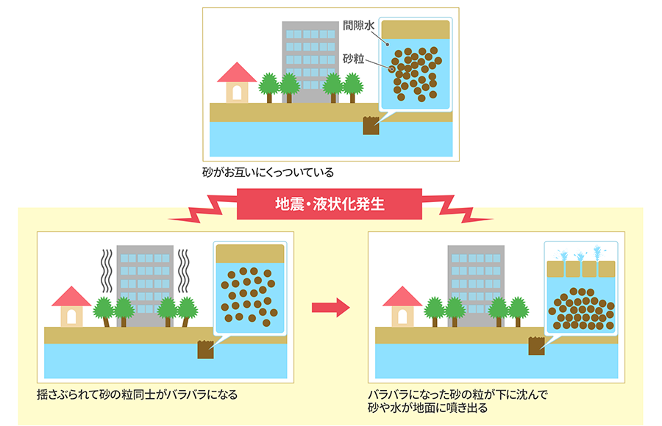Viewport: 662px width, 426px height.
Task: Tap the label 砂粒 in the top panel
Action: (x=354, y=59)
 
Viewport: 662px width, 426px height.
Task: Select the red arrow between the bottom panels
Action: (x=330, y=307)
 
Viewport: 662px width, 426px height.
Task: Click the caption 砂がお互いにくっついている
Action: (x=268, y=173)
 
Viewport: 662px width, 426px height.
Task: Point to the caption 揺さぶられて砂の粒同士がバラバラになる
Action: (x=138, y=394)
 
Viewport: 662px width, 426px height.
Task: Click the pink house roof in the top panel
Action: (x=237, y=72)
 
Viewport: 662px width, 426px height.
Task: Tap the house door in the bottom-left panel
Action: (x=71, y=316)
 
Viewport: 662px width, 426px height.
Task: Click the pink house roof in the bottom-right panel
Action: (x=402, y=296)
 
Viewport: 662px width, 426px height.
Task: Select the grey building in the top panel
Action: (x=309, y=51)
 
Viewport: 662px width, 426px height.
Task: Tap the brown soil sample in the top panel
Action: (x=371, y=126)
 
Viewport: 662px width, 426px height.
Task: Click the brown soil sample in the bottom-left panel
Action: (x=205, y=350)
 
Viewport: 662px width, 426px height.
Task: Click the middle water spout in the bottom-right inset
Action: (x=581, y=257)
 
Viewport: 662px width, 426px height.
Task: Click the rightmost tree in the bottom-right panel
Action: (x=519, y=309)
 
